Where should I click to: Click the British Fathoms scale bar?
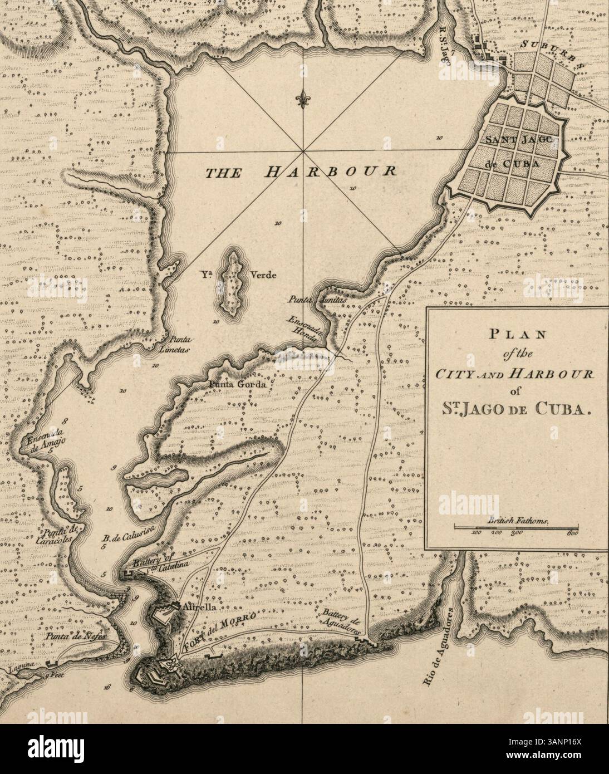pyautogui.click(x=517, y=527)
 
